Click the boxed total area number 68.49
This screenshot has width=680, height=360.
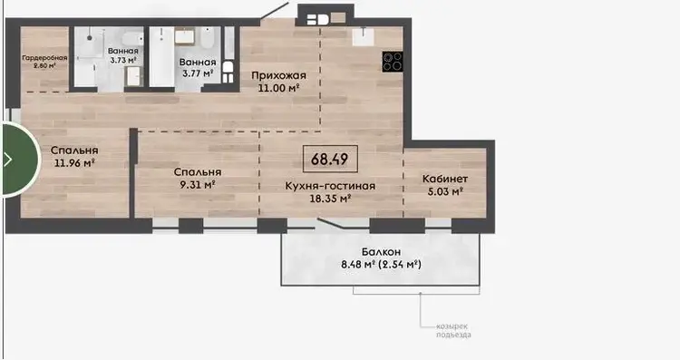coord(330,160)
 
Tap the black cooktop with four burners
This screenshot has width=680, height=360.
coord(393,62)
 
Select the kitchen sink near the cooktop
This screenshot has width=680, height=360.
coord(363,36)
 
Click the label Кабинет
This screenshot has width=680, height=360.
coord(445,179)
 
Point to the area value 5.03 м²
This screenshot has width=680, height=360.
coord(445,191)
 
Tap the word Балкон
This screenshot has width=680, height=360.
coord(381,251)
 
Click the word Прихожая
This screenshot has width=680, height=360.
coord(279,75)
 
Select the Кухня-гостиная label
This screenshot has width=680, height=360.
coord(330,186)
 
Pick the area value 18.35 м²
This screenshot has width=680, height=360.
coord(330,199)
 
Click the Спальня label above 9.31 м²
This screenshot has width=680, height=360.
coord(198,172)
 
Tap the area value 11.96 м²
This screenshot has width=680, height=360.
coord(74,163)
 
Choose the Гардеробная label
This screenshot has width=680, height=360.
coord(44,58)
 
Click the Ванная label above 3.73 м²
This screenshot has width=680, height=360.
coord(123,51)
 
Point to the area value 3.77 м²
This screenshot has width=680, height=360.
coord(198,73)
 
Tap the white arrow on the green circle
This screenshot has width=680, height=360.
coord(8,160)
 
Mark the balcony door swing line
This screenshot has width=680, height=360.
coord(330,224)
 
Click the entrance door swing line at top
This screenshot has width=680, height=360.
coord(275,10)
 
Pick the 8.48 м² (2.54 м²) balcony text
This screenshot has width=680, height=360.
coord(381,264)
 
